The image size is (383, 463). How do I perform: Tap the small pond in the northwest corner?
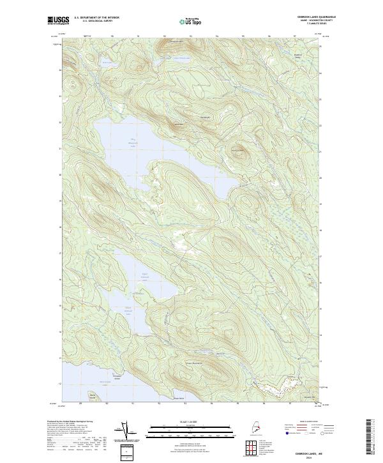coord(105,63)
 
